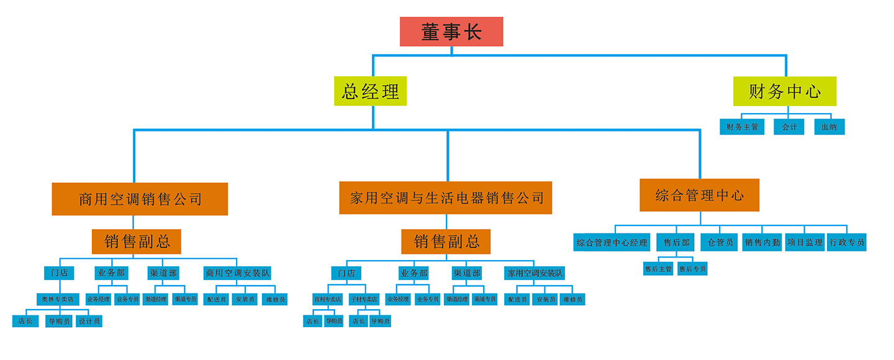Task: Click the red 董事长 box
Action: [451, 32]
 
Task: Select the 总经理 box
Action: [371, 91]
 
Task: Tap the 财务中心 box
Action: [784, 91]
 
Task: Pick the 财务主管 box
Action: [743, 127]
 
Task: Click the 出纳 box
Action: [829, 127]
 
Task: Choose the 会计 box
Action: [789, 127]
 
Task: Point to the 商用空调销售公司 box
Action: [140, 199]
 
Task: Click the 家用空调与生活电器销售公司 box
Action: [446, 198]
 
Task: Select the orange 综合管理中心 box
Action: [700, 196]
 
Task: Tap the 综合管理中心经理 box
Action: [612, 243]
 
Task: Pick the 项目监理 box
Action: [805, 243]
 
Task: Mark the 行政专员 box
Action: [847, 243]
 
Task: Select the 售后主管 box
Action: [658, 269]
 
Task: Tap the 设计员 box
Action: [89, 322]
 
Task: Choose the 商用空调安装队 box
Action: [238, 273]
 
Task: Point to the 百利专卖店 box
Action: [327, 299]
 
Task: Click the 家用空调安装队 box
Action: [535, 273]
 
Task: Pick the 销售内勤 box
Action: [762, 243]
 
